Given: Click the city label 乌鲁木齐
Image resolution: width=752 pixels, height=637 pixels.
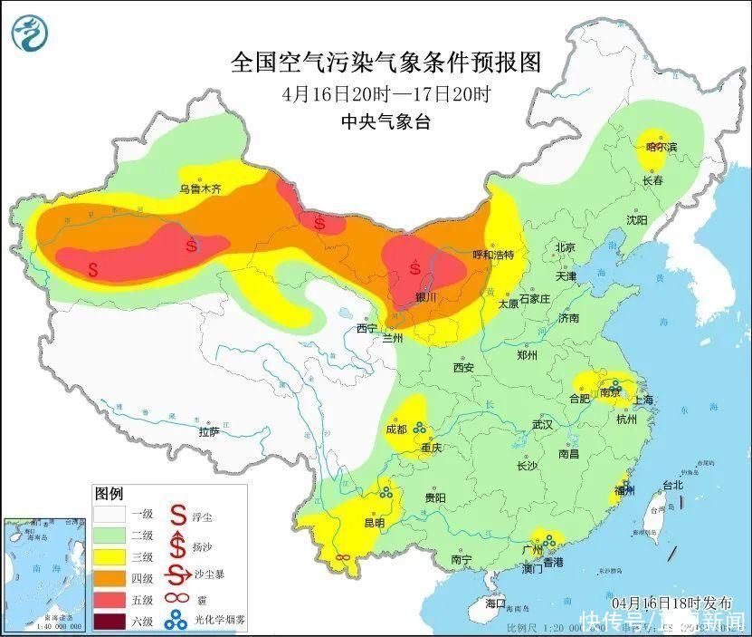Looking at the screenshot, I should pos(199,189).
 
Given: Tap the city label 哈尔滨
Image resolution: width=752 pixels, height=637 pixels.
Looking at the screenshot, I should pos(661,146).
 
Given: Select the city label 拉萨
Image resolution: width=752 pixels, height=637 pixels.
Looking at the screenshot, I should pos(209,432).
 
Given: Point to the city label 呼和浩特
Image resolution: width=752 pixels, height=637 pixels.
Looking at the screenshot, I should pos(493,256).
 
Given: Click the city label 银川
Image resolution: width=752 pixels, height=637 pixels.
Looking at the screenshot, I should pos(425,297).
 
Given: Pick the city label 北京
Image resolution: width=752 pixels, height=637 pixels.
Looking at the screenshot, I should pos(566,246).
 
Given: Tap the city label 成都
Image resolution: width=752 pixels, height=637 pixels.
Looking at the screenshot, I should pos(396,429).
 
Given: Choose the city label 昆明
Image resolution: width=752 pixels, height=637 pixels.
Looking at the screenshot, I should pos(374,523).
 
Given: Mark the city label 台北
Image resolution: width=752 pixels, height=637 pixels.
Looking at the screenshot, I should pos(673,486).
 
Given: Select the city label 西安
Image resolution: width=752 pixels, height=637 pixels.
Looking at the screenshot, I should pos(463,368).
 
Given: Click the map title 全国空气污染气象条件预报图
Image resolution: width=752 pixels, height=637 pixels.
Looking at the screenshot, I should pos(386,63).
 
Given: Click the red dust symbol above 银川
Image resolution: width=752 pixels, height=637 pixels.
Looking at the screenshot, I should pos(415,267).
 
